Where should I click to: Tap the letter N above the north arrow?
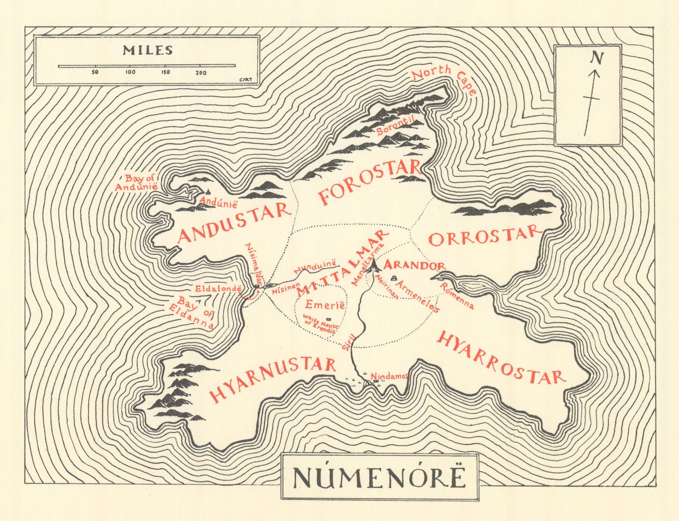(597, 58)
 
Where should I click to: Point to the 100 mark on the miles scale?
(130, 72)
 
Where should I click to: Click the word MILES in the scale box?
(148, 51)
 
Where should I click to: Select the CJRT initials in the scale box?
(246, 79)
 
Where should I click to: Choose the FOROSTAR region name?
(369, 183)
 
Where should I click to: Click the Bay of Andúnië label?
(137, 183)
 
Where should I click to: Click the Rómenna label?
(457, 296)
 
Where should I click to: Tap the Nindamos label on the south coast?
(389, 376)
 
